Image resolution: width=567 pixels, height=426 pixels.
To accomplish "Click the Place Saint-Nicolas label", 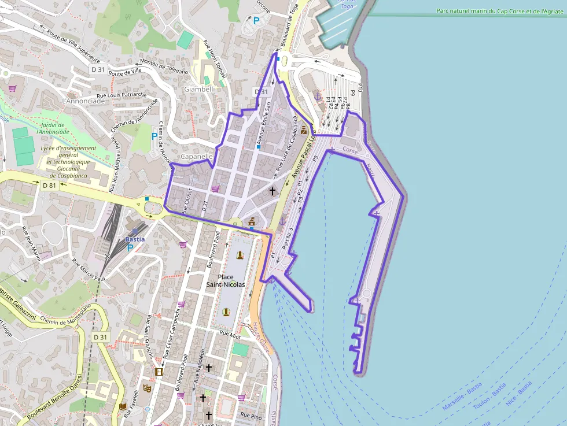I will [226, 280].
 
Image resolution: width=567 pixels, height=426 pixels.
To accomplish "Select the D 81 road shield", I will [49, 185].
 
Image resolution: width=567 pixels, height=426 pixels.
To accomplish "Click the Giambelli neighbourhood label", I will [199, 90].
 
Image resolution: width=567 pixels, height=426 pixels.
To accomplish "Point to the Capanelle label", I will [197, 157].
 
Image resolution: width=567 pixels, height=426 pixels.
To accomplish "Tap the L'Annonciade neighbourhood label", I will [83, 101].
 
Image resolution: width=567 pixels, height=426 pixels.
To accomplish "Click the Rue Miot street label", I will [230, 335].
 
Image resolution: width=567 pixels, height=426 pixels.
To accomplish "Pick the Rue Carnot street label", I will [187, 202].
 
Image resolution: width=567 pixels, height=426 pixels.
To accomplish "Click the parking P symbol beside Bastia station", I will [130, 248].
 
